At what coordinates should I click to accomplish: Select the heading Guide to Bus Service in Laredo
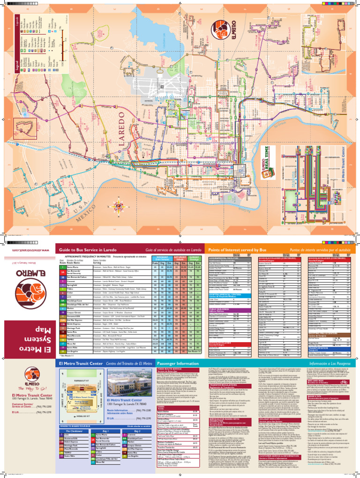[89, 251]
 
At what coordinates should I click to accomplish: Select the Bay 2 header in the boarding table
[138, 430]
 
